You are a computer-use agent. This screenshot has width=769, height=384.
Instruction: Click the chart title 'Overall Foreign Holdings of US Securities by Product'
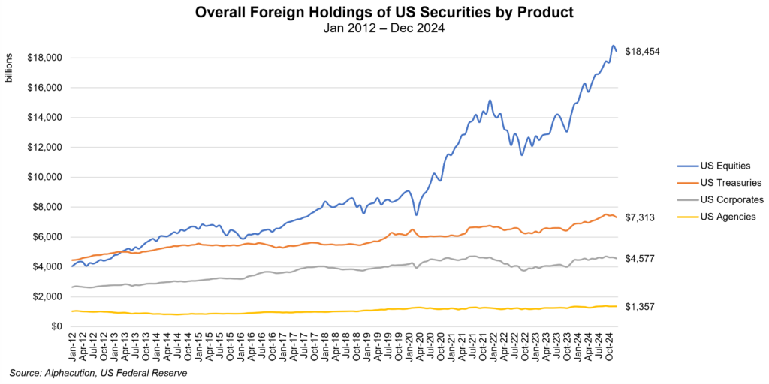coord(384,12)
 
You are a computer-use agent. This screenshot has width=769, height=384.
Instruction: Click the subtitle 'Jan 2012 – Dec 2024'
coord(384,28)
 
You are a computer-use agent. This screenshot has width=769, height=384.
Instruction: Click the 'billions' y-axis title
coord(9,79)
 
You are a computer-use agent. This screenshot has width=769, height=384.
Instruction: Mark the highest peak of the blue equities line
coord(613,46)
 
